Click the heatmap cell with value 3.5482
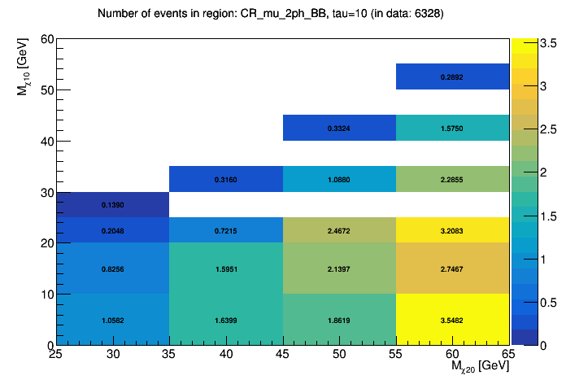pyautogui.click(x=452, y=320)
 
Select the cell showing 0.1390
pyautogui.click(x=112, y=205)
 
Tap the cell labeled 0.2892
pyautogui.click(x=452, y=76)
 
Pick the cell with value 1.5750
pyautogui.click(x=452, y=128)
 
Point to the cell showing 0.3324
pyautogui.click(x=339, y=128)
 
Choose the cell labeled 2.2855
pyautogui.click(x=452, y=179)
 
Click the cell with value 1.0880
pyautogui.click(x=339, y=179)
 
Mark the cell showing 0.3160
pyautogui.click(x=226, y=179)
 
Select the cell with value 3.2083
pyautogui.click(x=452, y=230)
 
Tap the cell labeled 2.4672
pyautogui.click(x=339, y=230)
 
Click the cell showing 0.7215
pyautogui.click(x=226, y=230)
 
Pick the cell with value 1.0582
pyautogui.click(x=112, y=320)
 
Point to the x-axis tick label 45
pyautogui.click(x=283, y=354)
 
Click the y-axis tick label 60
pyautogui.click(x=46, y=39)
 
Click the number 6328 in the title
pyautogui.click(x=425, y=14)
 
